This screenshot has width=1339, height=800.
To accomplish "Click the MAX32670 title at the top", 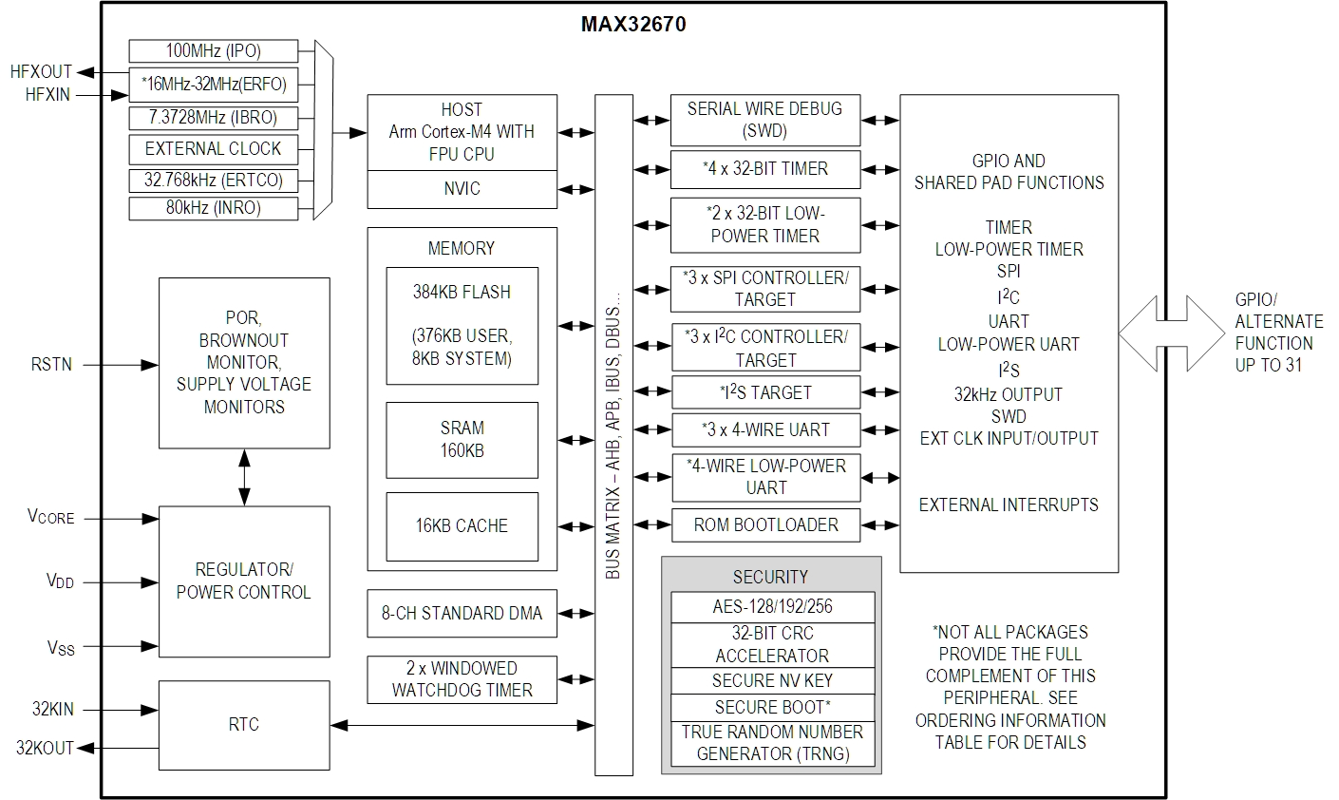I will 632,24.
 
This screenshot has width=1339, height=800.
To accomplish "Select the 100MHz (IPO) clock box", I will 214,50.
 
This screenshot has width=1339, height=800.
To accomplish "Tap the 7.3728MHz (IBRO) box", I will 214,118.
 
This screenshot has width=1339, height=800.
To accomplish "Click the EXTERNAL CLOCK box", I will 214,149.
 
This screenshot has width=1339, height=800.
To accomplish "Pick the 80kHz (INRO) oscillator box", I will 214,207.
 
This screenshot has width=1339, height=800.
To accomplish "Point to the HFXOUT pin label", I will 41,72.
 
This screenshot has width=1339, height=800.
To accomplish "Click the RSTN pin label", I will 50,364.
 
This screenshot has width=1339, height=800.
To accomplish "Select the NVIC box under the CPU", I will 462,189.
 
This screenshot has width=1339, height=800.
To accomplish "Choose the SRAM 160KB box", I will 462,439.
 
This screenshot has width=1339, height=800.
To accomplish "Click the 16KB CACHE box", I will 462,525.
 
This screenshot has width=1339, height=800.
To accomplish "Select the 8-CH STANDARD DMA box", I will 462,614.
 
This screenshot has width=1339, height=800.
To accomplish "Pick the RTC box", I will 244,725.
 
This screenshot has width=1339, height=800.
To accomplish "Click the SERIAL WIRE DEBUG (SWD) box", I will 764,120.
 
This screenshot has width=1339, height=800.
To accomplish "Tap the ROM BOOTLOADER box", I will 765,524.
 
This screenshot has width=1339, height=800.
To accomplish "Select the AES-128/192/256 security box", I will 771,606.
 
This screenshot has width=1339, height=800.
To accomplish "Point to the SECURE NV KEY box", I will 771,680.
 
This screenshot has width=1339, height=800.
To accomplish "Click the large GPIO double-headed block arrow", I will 1172,333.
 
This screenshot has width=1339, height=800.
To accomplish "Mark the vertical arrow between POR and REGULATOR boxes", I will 245,477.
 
